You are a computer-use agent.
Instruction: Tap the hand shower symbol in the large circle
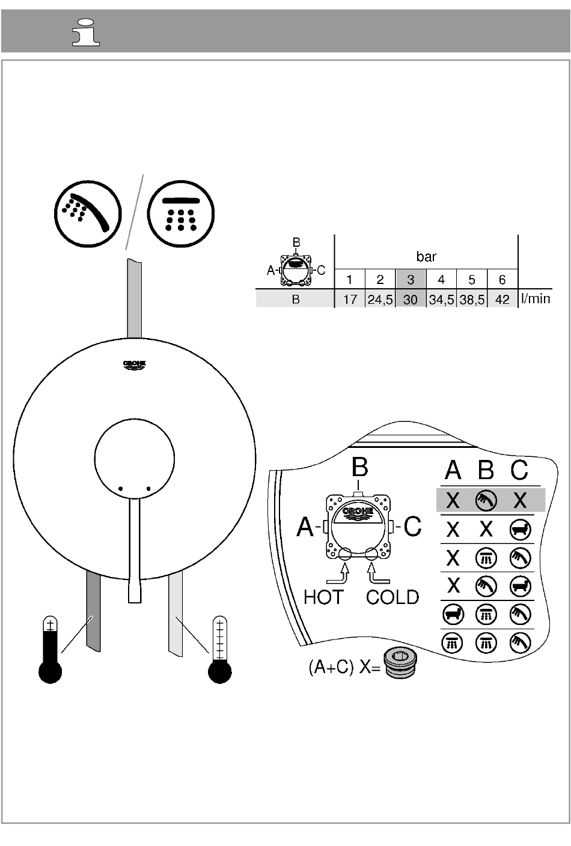point(88,214)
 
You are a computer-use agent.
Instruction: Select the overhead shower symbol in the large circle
point(181,214)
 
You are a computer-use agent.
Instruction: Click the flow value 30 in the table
point(411,300)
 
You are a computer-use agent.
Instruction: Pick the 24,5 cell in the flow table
point(380,300)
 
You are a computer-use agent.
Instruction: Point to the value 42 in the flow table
point(502,300)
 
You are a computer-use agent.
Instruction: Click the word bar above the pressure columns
point(426,257)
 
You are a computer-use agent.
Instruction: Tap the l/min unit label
point(536,299)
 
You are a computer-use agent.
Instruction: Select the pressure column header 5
point(472,280)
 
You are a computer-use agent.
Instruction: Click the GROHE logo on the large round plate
point(134,365)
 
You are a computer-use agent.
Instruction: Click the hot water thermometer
point(50,649)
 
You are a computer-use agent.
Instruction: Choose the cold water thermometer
point(220,649)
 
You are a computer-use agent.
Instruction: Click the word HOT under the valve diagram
point(324,597)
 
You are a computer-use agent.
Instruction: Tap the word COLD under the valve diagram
point(392,597)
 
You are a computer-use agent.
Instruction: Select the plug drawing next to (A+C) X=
point(400,664)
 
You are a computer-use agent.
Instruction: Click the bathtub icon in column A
point(453,614)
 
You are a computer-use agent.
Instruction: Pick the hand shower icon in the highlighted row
point(486,500)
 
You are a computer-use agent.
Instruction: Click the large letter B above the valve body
point(359,467)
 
